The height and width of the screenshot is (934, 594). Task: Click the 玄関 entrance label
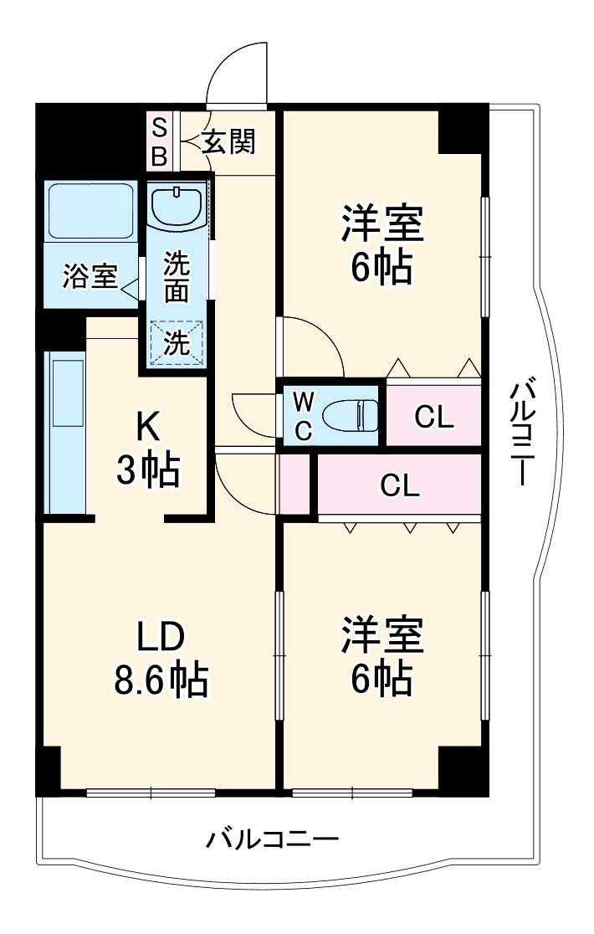tap(228, 143)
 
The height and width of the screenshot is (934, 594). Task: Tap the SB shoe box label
tap(159, 142)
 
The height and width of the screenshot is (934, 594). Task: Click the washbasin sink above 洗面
tap(177, 206)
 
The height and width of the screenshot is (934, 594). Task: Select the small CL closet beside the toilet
tap(434, 416)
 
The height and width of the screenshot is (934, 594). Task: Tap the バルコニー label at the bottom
tap(273, 838)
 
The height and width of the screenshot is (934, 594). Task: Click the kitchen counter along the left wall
tap(66, 431)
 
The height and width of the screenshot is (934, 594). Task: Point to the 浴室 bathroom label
tap(90, 277)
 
